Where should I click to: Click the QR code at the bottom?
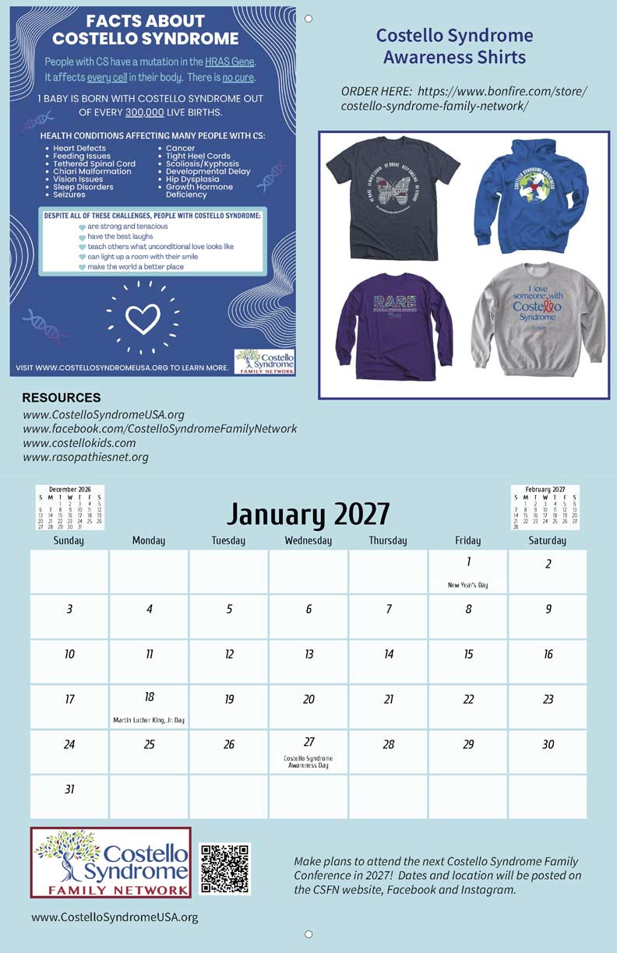[x=224, y=869]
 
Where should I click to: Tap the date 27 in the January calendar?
[x=309, y=743]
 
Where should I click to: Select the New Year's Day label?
[x=467, y=585]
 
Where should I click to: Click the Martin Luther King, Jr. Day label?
[x=149, y=720]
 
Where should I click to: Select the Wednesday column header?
[x=308, y=540]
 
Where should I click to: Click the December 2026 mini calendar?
[x=70, y=508]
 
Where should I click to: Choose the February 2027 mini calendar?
[x=545, y=508]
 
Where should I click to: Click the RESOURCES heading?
[x=62, y=398]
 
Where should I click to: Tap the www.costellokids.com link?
[x=79, y=443]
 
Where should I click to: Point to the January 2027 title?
[x=308, y=514]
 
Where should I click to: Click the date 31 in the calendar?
[x=69, y=789]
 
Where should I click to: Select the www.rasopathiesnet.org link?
[x=86, y=457]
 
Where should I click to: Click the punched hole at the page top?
[x=308, y=19]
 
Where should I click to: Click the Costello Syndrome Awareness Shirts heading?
[x=455, y=46]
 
